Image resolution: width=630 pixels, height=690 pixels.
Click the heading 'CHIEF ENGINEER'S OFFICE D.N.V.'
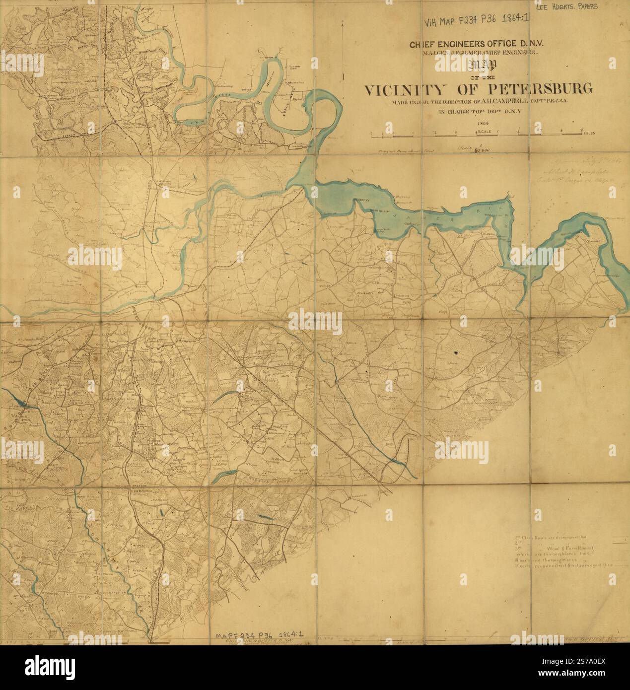[476, 44]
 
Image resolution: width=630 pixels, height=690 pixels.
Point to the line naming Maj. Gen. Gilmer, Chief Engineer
[476, 53]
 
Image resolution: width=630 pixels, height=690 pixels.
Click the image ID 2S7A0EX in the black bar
[576, 673]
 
